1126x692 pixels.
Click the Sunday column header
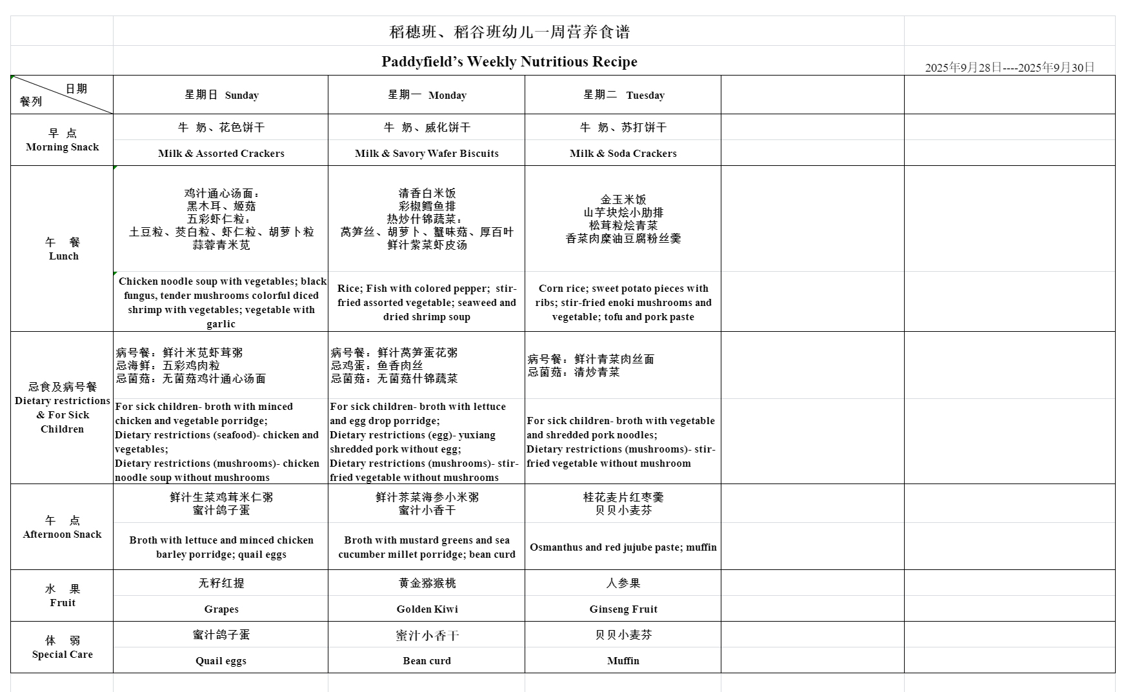point(221,95)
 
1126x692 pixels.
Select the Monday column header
point(427,95)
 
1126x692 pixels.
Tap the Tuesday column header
point(623,95)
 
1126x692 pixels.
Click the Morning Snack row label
point(62,140)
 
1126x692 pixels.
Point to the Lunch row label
point(63,249)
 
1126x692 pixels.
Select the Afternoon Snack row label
point(62,527)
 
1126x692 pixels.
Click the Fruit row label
point(63,596)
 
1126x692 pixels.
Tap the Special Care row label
point(62,647)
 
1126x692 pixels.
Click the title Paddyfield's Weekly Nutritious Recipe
point(509,61)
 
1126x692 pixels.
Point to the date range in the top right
point(1009,67)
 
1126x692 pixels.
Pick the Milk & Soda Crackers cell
point(623,153)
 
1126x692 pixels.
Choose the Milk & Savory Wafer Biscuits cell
point(427,153)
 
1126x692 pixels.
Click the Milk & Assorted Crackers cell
point(221,153)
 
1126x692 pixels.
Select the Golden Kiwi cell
point(427,609)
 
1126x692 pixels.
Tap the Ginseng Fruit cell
point(623,609)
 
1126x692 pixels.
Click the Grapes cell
point(221,609)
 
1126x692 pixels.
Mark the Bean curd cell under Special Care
point(427,660)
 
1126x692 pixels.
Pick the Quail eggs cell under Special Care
point(221,660)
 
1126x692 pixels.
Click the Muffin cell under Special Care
point(623,660)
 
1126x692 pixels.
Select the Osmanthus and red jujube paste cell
point(623,547)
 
